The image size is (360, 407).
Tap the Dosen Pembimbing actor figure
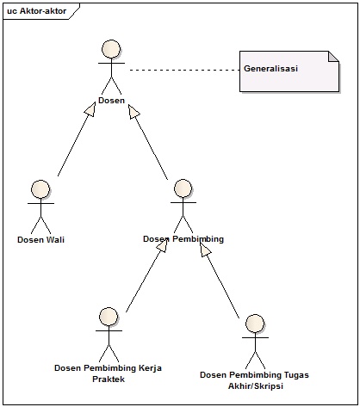click(182, 207)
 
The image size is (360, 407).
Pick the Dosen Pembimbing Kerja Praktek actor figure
click(108, 334)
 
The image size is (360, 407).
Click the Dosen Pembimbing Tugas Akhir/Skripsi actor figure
click(253, 342)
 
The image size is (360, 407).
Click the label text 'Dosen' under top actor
click(111, 102)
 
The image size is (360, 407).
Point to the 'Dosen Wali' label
click(40, 240)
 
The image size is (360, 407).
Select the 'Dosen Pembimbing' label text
click(183, 240)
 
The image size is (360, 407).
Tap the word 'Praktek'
click(108, 379)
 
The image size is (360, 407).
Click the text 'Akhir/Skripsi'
click(253, 386)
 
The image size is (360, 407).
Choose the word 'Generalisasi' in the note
click(270, 69)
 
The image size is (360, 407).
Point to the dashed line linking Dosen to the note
click(181, 69)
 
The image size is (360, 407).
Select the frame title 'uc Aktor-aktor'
click(36, 10)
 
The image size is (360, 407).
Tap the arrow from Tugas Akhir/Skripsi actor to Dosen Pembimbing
click(220, 280)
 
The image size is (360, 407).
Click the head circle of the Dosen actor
click(110, 48)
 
